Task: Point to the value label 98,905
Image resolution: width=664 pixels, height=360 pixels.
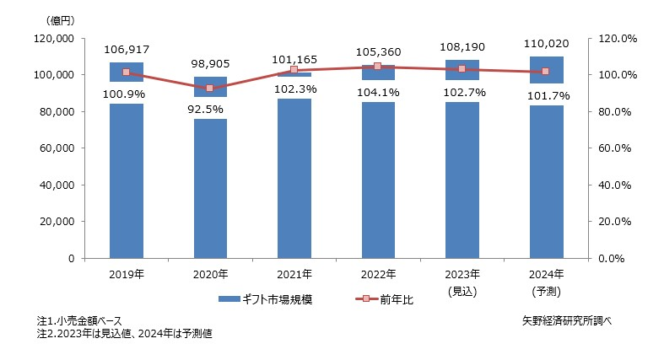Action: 210,64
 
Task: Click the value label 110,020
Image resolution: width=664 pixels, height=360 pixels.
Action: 546,46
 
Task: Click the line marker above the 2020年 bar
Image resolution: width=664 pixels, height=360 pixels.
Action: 210,88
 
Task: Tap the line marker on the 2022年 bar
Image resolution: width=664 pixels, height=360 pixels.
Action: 378,66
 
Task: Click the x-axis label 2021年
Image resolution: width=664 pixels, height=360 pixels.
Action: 294,274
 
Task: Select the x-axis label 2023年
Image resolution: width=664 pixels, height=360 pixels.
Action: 462,274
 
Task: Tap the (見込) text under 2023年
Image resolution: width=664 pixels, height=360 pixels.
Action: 462,290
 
